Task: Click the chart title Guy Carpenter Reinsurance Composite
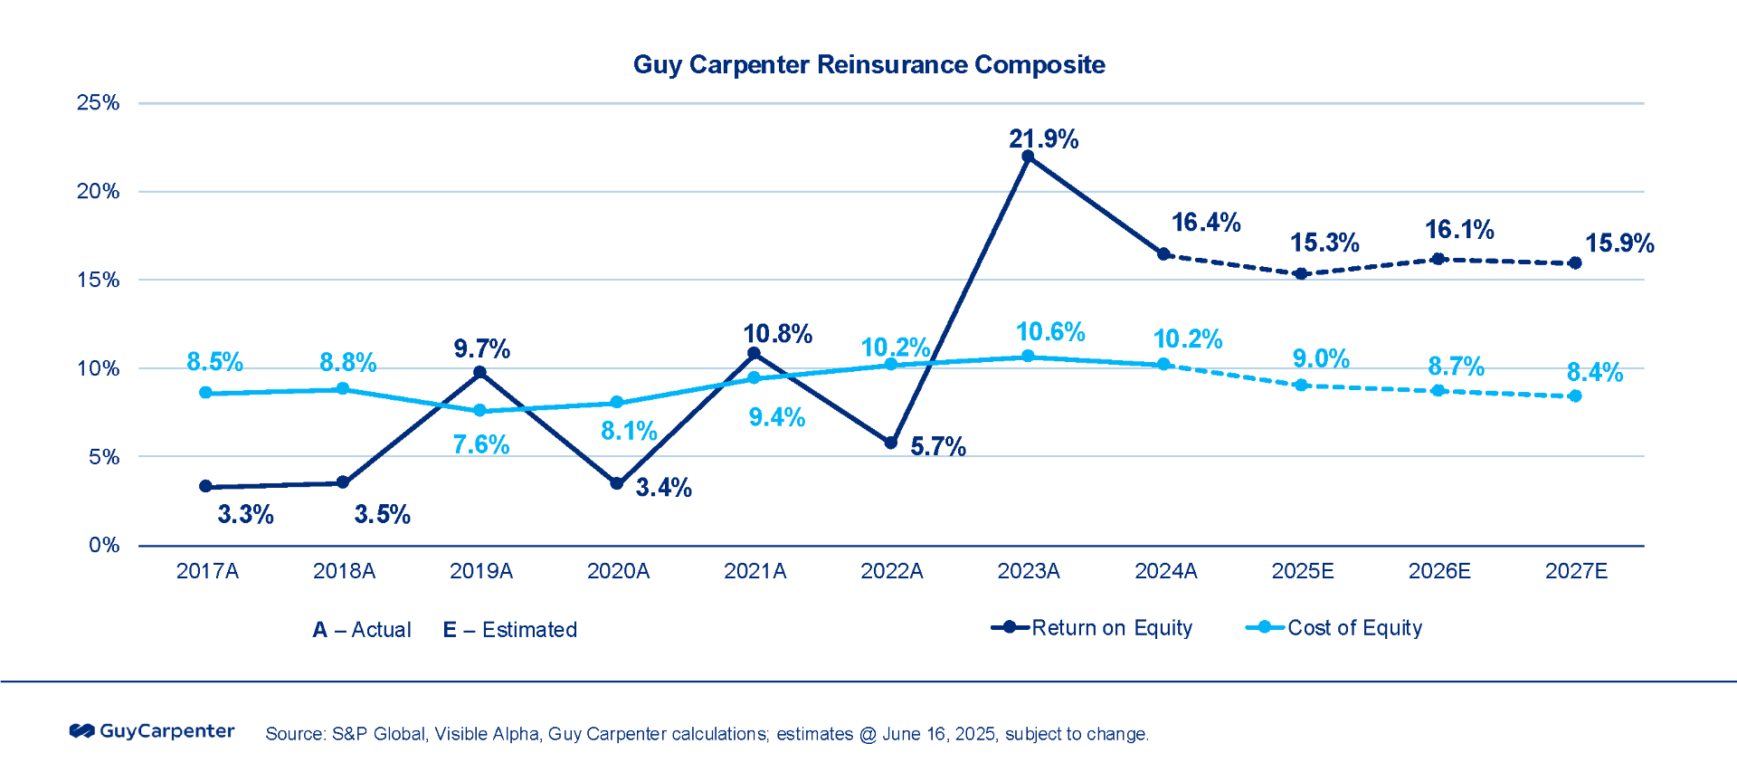868,65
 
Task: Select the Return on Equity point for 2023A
1028,157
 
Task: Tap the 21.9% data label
1043,139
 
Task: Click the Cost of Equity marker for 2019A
480,411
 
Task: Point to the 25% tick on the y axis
98,103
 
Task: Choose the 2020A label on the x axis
618,571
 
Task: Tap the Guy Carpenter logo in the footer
152,731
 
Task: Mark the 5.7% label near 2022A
937,446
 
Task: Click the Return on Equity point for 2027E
1575,263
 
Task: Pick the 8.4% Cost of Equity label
1594,372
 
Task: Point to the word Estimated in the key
529,630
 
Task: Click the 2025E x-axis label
1302,571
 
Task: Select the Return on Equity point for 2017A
206,487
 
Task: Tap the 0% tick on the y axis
103,545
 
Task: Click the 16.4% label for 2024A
1205,223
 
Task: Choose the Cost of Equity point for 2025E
1301,386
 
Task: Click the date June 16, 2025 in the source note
938,734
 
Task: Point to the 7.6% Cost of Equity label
480,444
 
